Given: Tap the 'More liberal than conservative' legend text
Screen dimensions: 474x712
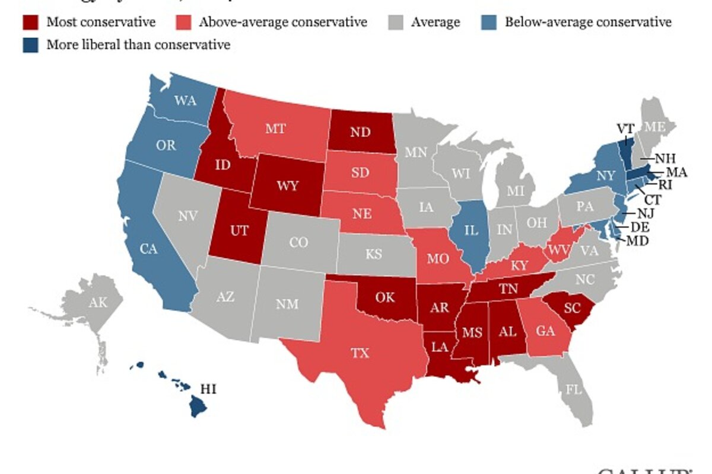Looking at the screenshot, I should pos(138,44).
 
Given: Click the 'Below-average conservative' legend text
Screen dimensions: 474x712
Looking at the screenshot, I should pos(588,23).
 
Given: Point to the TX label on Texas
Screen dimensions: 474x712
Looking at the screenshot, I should pos(360,354).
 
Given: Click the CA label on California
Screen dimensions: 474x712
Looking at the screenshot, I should pos(147,249).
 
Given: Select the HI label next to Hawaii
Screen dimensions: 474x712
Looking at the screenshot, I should pos(208,389).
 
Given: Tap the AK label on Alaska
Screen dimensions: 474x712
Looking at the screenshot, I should pos(98,303).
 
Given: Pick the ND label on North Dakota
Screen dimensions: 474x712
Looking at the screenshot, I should pos(360,133).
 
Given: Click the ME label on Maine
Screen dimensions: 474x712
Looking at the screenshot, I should pos(655,127).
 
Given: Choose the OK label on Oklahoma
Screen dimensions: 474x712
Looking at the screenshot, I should pos(385,297).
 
